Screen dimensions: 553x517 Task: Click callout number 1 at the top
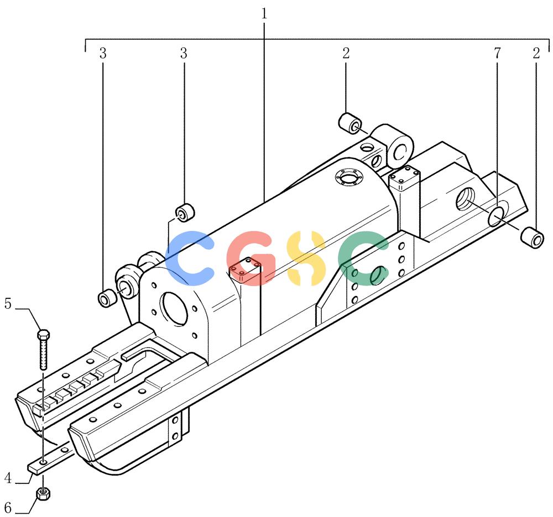tap(264, 14)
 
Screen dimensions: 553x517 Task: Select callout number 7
tap(497, 53)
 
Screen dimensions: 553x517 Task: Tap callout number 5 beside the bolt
tap(8, 304)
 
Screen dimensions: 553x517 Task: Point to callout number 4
tap(8, 478)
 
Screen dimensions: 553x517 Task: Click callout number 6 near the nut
tap(8, 508)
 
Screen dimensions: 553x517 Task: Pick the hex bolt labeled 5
tap(43, 350)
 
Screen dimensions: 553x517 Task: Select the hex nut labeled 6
tap(43, 494)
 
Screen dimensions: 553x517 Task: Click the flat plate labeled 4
tap(51, 457)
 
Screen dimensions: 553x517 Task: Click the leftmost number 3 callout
tap(103, 53)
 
